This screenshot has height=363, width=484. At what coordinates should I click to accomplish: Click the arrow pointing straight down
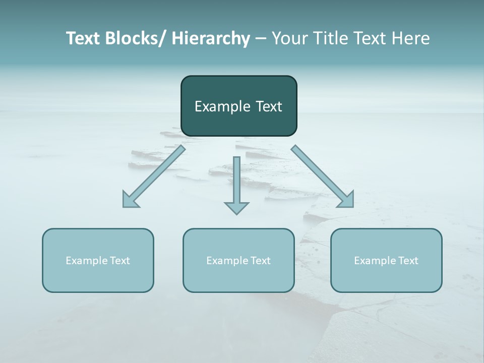236,184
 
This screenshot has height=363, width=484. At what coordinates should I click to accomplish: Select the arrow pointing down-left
154,176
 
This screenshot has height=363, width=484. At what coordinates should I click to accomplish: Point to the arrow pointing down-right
323,176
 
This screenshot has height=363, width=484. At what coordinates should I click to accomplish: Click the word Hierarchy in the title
211,38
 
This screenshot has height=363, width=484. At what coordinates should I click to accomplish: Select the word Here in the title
412,38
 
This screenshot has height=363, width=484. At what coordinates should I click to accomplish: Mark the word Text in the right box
408,261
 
